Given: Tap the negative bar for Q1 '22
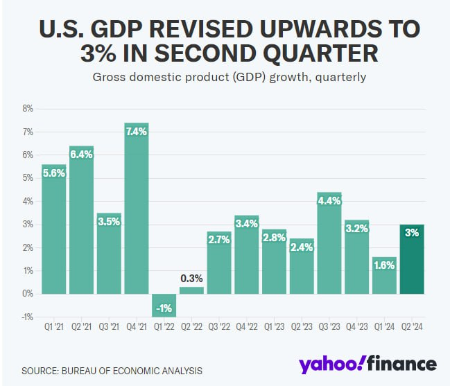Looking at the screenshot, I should click(x=164, y=305).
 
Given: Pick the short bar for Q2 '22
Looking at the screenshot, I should click(x=191, y=290).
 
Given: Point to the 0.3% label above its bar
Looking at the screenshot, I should click(x=192, y=279).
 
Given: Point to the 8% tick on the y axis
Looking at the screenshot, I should click(x=28, y=109).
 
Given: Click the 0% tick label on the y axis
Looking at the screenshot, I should click(x=28, y=294).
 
